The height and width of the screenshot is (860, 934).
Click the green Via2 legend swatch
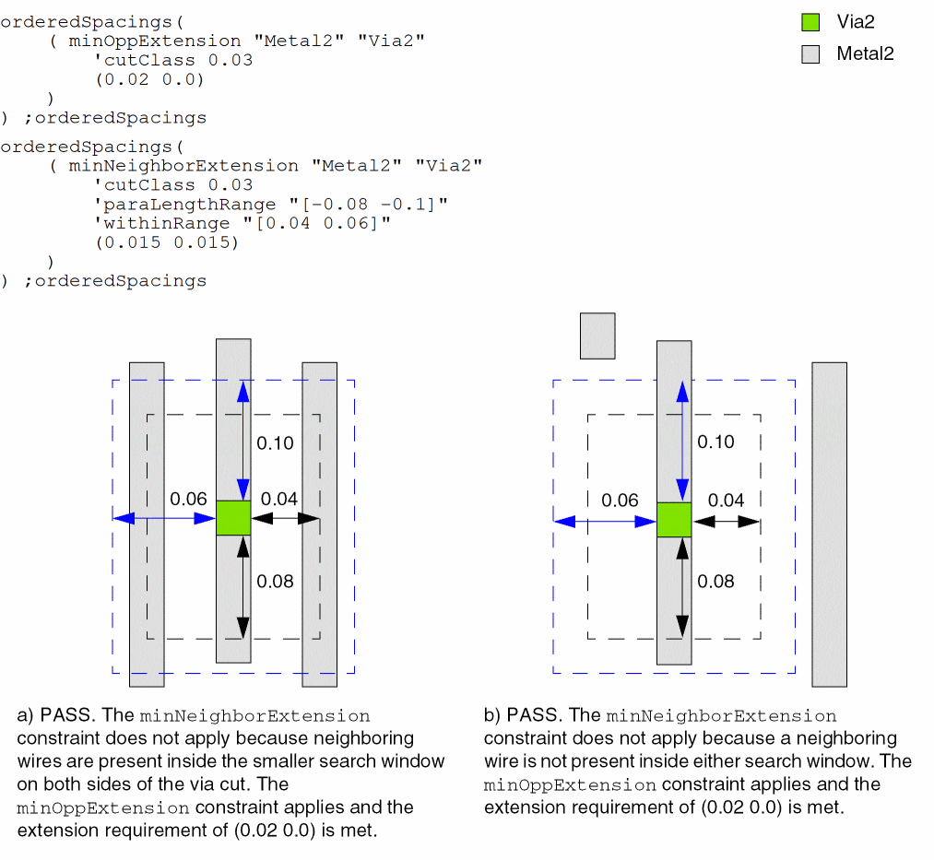coord(810,22)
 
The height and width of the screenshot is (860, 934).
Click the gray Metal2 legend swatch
coord(810,54)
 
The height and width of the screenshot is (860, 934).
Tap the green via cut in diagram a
coord(233,517)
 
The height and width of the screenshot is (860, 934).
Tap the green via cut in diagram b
coord(674,519)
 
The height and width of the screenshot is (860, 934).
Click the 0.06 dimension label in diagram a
coord(188,499)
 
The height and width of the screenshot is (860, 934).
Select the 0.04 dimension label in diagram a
coord(278,500)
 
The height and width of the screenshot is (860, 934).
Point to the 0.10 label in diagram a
coord(275,443)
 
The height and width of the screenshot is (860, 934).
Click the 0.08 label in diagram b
coord(715,581)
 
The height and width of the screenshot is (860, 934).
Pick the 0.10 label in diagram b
coord(715,442)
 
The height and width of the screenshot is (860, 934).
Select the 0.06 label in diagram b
coord(620,501)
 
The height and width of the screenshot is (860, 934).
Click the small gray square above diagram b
coord(597,336)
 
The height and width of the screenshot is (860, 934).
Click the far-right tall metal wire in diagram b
coord(829,524)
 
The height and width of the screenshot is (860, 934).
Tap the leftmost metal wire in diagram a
coord(147,524)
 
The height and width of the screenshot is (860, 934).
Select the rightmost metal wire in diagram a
coord(320,524)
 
